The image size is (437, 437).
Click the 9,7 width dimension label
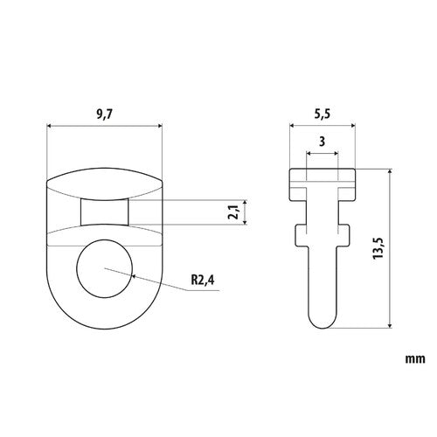[x=104, y=114]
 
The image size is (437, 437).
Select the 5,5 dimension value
[x=323, y=114]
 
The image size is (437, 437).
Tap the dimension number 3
[x=322, y=142]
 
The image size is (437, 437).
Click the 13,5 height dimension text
[x=378, y=248]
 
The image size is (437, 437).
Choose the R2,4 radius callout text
[x=203, y=281]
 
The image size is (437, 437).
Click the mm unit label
[x=415, y=359]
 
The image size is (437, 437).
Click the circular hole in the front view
[x=104, y=268]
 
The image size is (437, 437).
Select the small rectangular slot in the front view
[x=104, y=212]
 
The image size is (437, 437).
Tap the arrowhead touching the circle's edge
[x=135, y=276]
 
